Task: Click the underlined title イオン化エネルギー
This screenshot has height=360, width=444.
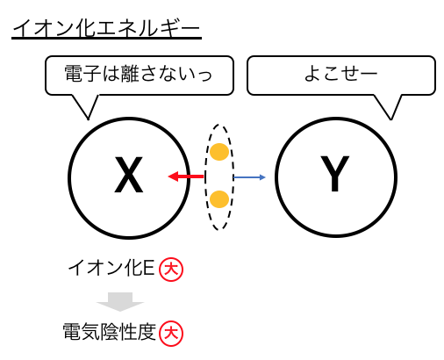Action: click(106, 29)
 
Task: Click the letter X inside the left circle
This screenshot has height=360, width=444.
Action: click(129, 175)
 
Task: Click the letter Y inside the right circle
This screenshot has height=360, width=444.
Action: click(335, 174)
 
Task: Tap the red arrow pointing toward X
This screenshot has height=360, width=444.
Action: click(186, 176)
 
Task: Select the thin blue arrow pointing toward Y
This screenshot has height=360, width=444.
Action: click(249, 177)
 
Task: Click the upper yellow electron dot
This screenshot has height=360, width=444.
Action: click(219, 152)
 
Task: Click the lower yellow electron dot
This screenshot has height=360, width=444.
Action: click(219, 199)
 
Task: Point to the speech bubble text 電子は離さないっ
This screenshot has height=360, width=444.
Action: click(138, 74)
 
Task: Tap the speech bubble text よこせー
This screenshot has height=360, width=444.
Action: click(340, 74)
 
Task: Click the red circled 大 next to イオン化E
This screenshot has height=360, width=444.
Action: click(171, 270)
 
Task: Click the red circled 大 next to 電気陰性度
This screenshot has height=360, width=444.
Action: click(171, 334)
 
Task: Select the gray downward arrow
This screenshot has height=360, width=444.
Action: click(120, 302)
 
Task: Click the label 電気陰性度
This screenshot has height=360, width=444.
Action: click(110, 332)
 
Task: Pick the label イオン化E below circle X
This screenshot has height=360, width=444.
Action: click(111, 268)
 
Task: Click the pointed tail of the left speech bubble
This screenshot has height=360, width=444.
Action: click(88, 119)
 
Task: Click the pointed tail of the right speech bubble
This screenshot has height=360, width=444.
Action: click(390, 119)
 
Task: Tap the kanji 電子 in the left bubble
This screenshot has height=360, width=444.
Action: click(82, 74)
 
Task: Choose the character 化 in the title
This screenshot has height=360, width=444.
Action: click(85, 28)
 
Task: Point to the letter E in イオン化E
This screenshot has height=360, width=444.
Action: click(148, 268)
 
